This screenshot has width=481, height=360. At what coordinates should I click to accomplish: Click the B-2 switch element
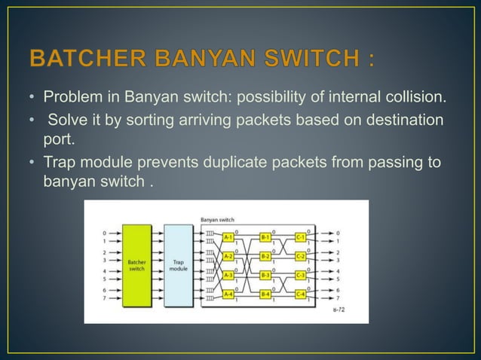point(265,255)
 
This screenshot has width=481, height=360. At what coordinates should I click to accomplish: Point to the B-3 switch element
point(265,275)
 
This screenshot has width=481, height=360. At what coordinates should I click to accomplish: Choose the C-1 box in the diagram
point(301,236)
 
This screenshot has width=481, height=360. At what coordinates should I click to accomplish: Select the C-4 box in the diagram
point(301,294)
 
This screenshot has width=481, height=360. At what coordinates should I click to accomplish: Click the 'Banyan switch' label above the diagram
point(216,219)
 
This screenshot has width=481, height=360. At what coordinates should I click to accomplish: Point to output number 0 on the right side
point(339,232)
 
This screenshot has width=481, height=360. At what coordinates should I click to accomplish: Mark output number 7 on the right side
point(339,298)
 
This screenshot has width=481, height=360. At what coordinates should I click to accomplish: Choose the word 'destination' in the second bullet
point(403,121)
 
